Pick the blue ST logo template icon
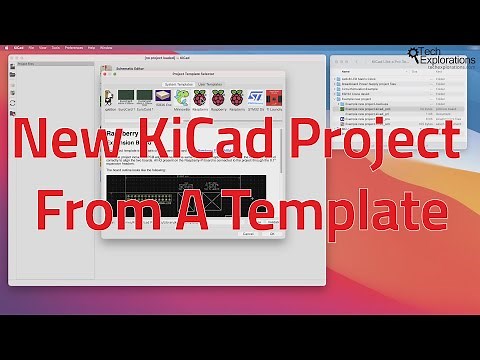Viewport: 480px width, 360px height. pos(254,98)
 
